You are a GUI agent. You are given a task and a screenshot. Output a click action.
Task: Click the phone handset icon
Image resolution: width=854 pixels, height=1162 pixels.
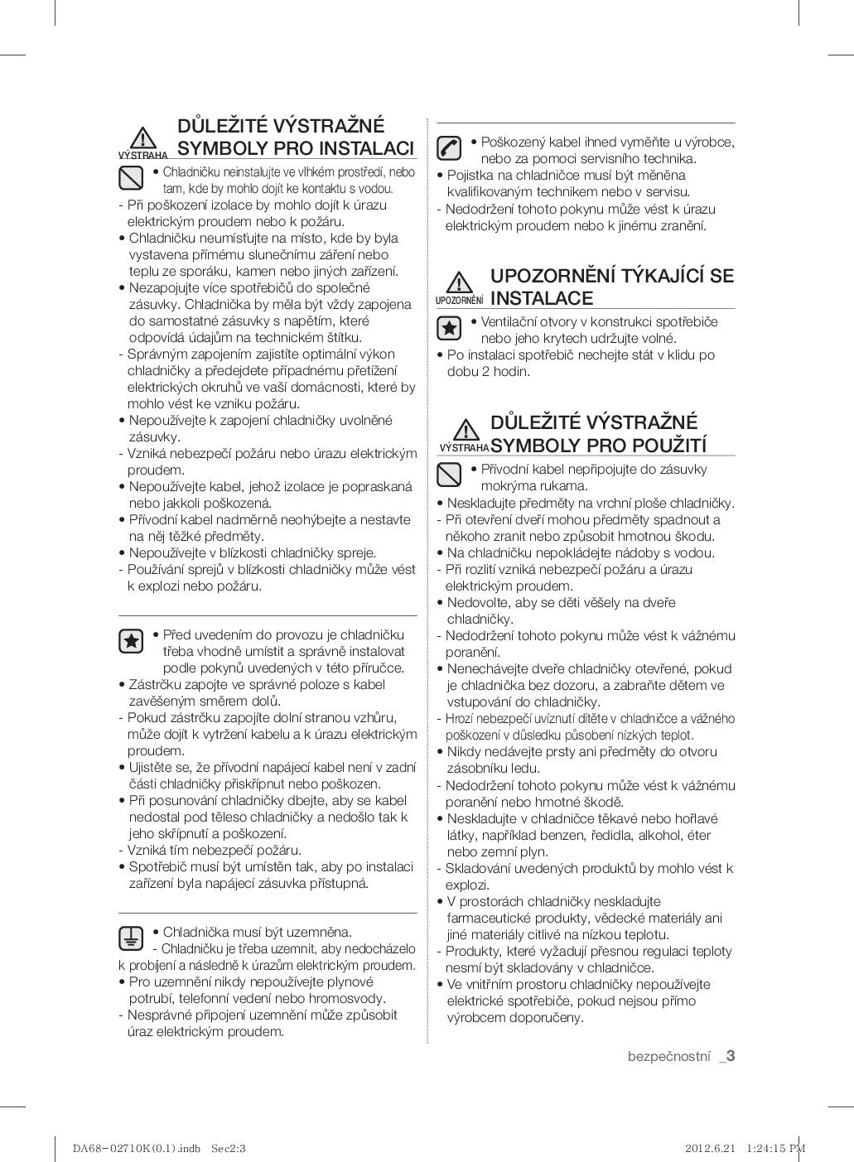449,148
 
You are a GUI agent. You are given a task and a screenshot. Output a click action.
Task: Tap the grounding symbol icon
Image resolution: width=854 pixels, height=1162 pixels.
131,938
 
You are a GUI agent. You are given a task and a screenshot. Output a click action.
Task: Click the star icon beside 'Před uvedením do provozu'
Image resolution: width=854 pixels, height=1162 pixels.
131,640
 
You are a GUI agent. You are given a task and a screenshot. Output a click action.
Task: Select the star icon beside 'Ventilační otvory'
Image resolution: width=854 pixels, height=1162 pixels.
449,328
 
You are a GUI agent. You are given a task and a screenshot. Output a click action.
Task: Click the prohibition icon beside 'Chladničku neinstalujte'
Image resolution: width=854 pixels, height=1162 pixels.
131,177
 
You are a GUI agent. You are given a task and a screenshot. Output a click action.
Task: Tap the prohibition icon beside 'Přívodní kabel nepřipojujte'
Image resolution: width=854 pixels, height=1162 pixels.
449,475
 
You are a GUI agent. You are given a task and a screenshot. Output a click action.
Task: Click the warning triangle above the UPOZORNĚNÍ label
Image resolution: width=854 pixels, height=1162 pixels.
458,282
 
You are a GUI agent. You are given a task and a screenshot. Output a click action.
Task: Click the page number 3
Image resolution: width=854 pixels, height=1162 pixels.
731,1055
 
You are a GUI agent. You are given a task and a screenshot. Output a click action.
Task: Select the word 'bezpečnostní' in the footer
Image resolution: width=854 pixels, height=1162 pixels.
669,1056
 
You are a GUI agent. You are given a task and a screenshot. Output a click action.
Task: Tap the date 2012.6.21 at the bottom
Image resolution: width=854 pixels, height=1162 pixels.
711,1148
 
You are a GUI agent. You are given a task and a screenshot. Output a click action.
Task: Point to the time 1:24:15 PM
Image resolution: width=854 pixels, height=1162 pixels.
775,1148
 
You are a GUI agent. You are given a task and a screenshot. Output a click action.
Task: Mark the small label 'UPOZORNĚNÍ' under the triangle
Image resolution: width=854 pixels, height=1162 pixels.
460,300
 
